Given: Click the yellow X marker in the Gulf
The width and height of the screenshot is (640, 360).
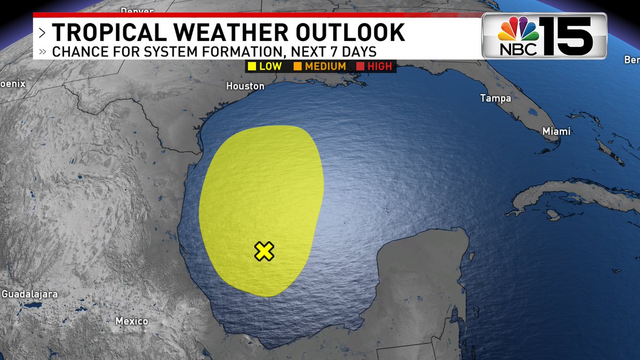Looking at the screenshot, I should tap(264, 251).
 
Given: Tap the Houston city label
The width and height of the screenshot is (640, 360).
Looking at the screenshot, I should tap(245, 86).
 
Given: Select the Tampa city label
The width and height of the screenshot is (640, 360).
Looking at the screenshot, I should tap(495, 98).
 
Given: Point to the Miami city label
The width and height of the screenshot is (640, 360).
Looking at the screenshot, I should tap(556, 131).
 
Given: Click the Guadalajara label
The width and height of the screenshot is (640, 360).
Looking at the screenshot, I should tap(29, 294).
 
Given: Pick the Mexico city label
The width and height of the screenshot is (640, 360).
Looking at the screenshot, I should tap(132, 321).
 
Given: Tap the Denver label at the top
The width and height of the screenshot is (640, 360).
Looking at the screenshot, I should tap(137, 10).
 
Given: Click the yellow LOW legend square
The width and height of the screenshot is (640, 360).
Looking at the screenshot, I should tap(251, 67).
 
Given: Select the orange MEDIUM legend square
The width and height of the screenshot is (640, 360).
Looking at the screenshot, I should tap(297, 67).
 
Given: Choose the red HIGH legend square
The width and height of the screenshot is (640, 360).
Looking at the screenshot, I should tap(359, 67).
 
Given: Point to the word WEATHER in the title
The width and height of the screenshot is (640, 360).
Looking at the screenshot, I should tap(231, 33).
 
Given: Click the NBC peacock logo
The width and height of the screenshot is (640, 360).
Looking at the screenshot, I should tap(518, 31).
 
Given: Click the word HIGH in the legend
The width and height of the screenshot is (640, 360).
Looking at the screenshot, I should tap(379, 67).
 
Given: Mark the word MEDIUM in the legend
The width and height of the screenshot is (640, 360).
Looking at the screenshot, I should tap(325, 67).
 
